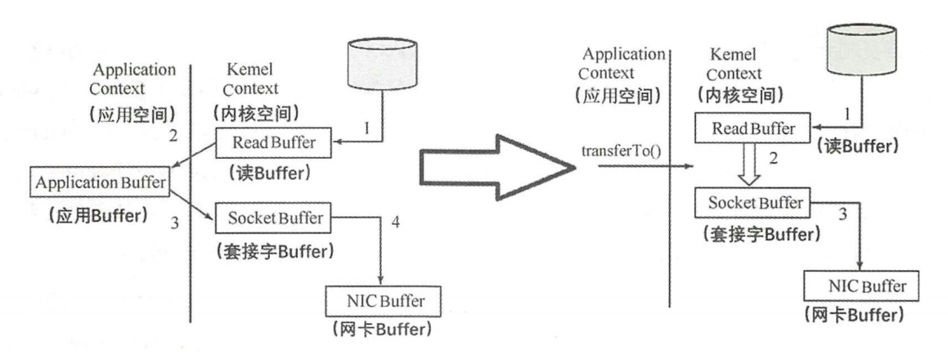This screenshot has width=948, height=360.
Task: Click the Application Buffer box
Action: point(98,182)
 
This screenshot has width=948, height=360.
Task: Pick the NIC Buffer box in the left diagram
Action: point(381,301)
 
